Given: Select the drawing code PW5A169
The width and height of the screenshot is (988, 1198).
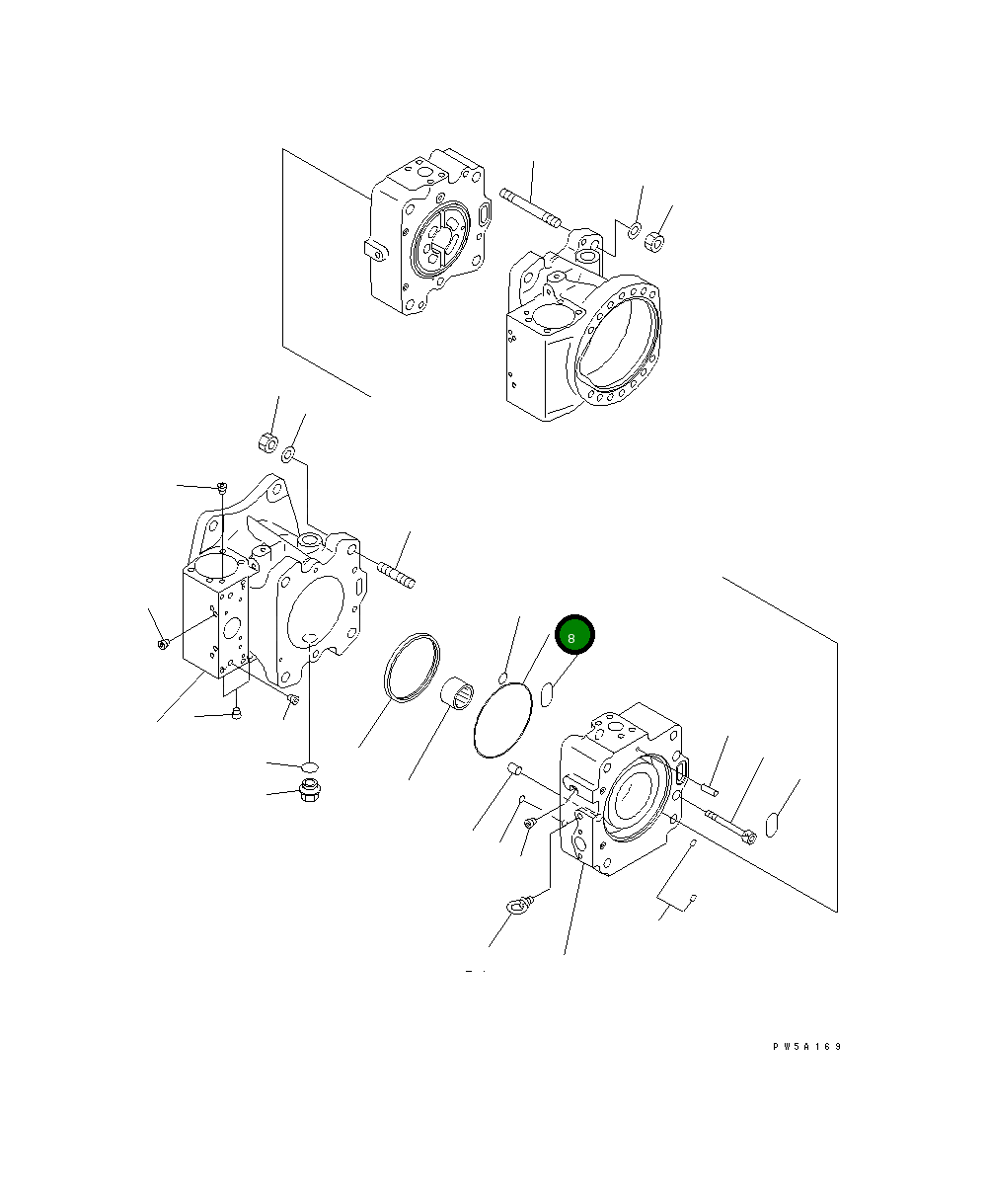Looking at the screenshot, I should (807, 1047).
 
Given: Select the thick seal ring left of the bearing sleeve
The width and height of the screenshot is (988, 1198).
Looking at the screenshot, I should (409, 668).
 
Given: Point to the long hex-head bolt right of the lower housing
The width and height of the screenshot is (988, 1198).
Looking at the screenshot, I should (730, 826).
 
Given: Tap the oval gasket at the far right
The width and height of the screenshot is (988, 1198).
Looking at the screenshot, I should (775, 823).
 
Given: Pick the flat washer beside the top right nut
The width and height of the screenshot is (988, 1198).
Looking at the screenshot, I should (634, 230).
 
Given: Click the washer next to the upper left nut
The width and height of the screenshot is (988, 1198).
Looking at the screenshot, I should (289, 455).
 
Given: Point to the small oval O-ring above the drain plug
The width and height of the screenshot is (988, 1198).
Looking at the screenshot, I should (309, 766).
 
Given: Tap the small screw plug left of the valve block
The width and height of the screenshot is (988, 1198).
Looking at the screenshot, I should (164, 646).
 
